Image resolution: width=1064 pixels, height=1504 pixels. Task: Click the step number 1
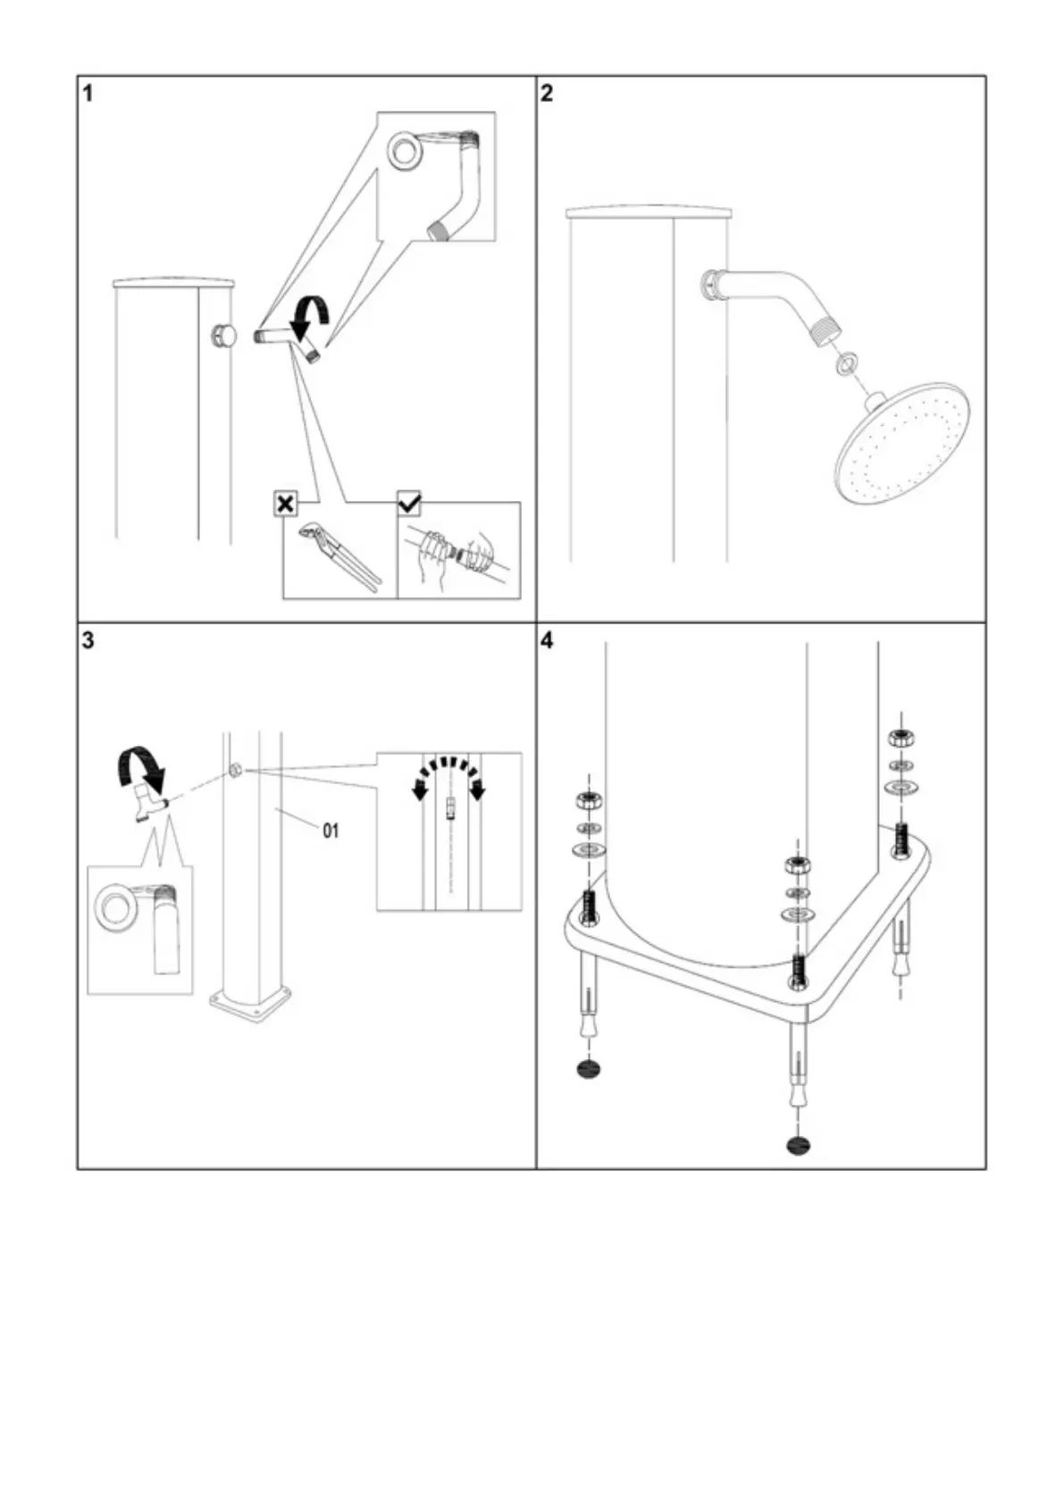click(x=88, y=93)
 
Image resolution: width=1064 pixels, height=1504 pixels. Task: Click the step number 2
click(x=547, y=93)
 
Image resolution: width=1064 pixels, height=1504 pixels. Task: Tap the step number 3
click(x=88, y=640)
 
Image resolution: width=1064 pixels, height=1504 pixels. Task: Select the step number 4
click(x=547, y=640)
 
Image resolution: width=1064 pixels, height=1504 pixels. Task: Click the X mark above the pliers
click(x=285, y=505)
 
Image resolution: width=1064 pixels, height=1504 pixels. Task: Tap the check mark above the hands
click(x=409, y=504)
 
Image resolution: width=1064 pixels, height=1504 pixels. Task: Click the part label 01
click(x=331, y=831)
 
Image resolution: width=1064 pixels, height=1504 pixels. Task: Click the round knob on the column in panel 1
click(x=223, y=336)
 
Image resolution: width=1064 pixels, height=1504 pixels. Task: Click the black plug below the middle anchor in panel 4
click(x=799, y=1145)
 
